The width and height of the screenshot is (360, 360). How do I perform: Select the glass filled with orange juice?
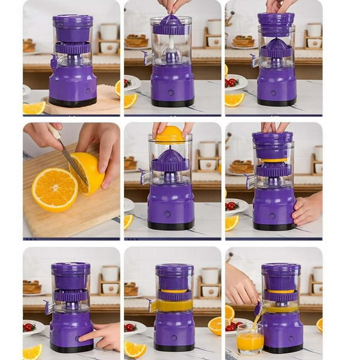tap(250, 339)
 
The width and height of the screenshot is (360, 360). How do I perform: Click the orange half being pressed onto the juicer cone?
tap(170, 135)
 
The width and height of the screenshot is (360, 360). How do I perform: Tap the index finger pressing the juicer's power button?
tap(88, 337)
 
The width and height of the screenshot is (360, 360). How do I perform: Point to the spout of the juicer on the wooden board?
tap(54, 62)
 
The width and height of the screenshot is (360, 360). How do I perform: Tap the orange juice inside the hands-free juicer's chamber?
tap(174, 305)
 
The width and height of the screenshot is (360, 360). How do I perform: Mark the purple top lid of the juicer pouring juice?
tap(281, 269)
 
